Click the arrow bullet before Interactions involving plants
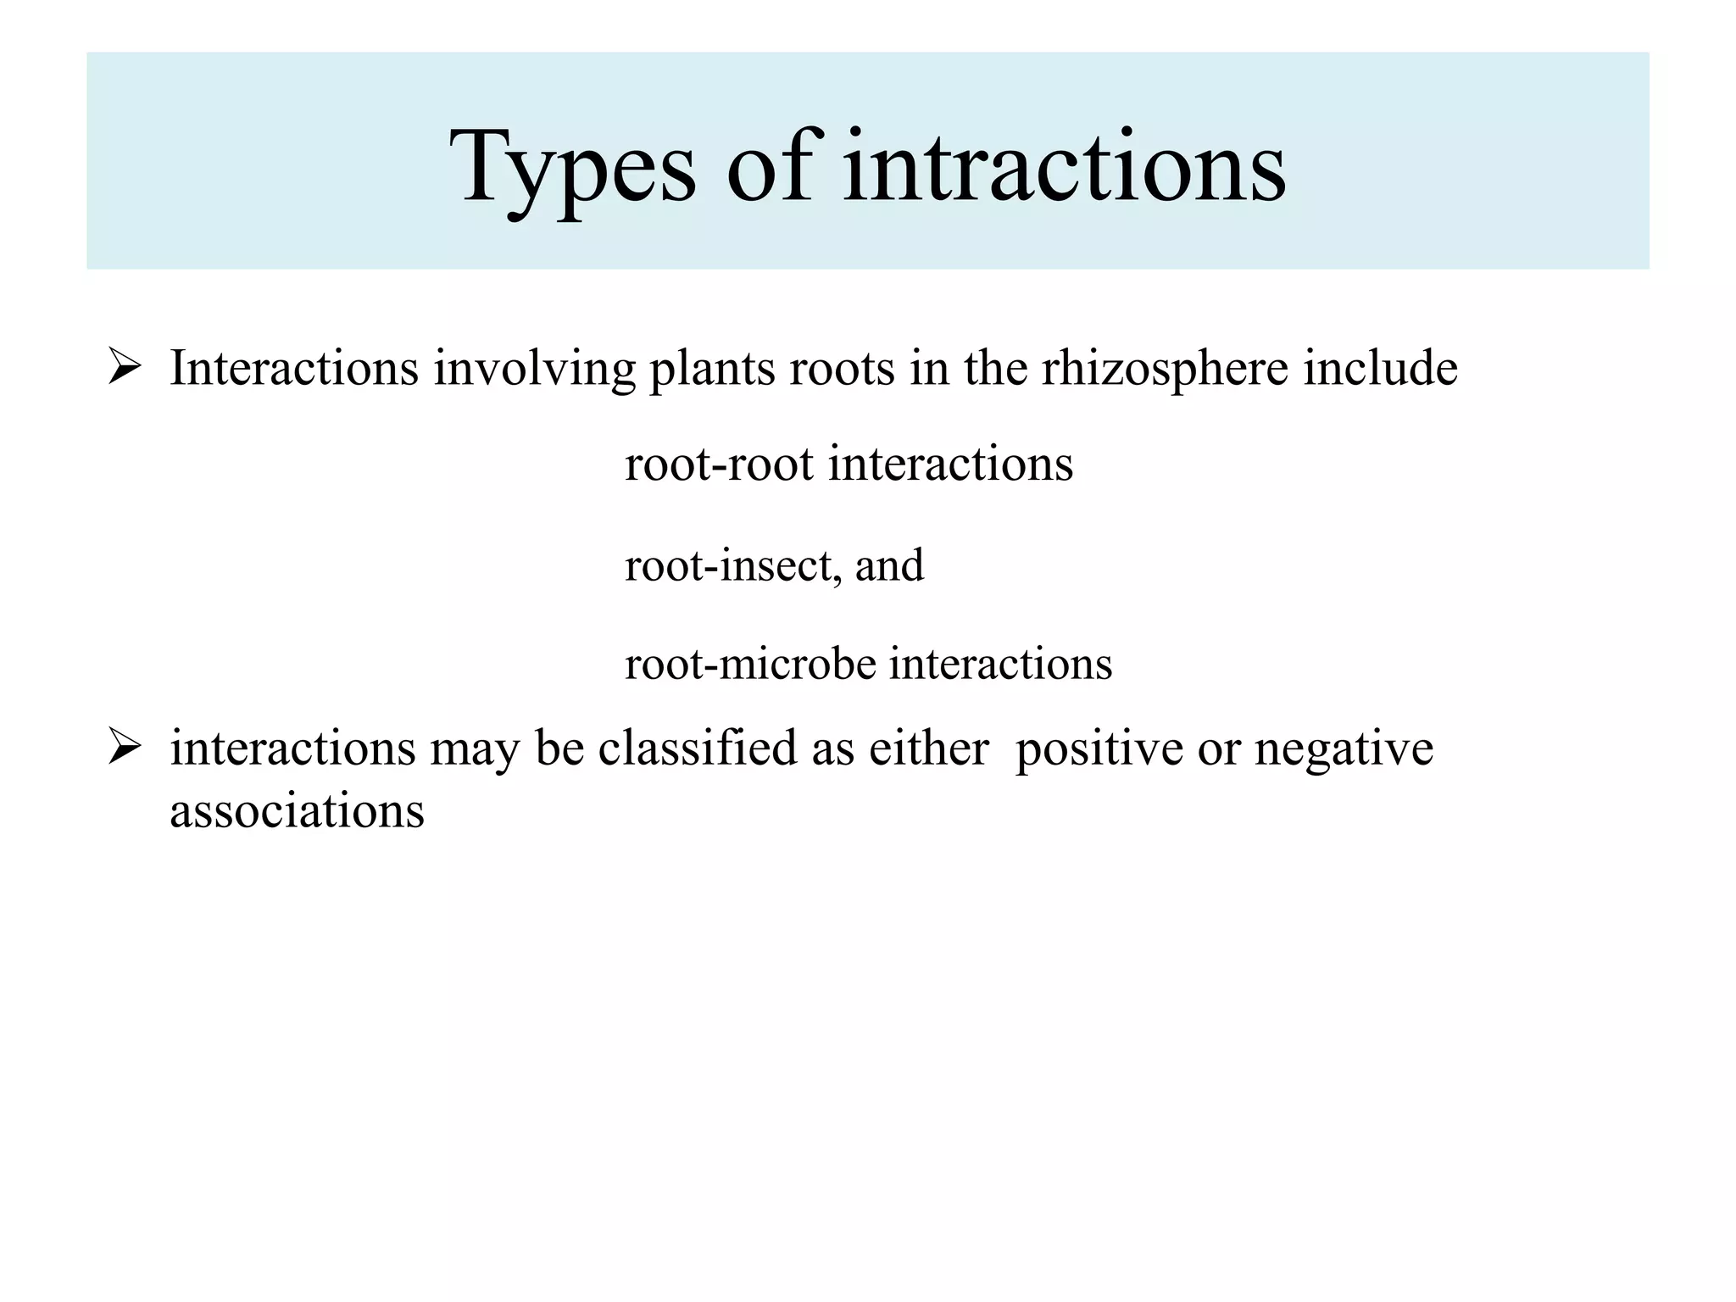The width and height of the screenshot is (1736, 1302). [x=125, y=369]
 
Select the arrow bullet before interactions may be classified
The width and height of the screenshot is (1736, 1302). [x=125, y=748]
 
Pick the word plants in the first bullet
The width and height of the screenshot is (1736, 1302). [x=712, y=370]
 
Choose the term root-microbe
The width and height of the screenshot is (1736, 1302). [x=750, y=664]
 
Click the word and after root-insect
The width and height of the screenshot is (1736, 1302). [x=889, y=565]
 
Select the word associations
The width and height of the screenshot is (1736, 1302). [x=297, y=811]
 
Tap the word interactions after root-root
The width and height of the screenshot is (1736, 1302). [x=950, y=465]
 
